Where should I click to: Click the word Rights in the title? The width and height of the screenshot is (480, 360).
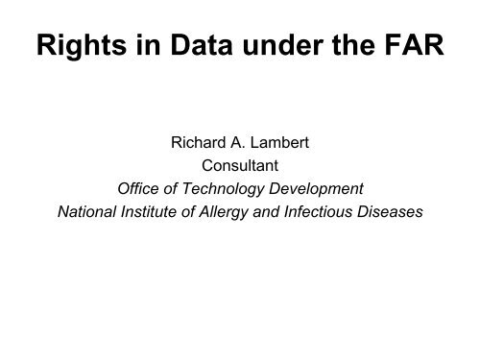point(79,47)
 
